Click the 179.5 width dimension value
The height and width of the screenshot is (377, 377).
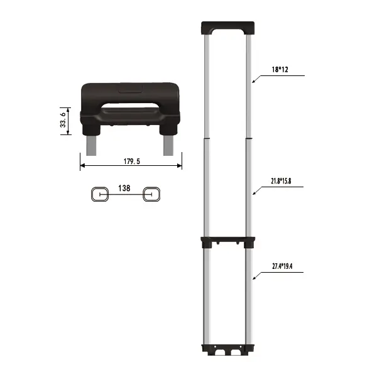click(x=132, y=161)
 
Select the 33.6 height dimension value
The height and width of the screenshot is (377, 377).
click(x=63, y=120)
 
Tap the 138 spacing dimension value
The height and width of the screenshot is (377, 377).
click(x=124, y=188)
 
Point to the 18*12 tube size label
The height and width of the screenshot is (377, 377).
click(x=280, y=70)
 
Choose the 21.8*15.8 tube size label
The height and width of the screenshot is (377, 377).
click(x=281, y=181)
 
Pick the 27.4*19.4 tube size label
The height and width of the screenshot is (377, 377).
click(x=282, y=266)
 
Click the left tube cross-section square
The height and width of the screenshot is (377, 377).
click(x=100, y=194)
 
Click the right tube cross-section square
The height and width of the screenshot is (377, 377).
click(x=151, y=194)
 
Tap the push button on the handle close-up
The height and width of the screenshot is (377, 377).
click(x=131, y=88)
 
